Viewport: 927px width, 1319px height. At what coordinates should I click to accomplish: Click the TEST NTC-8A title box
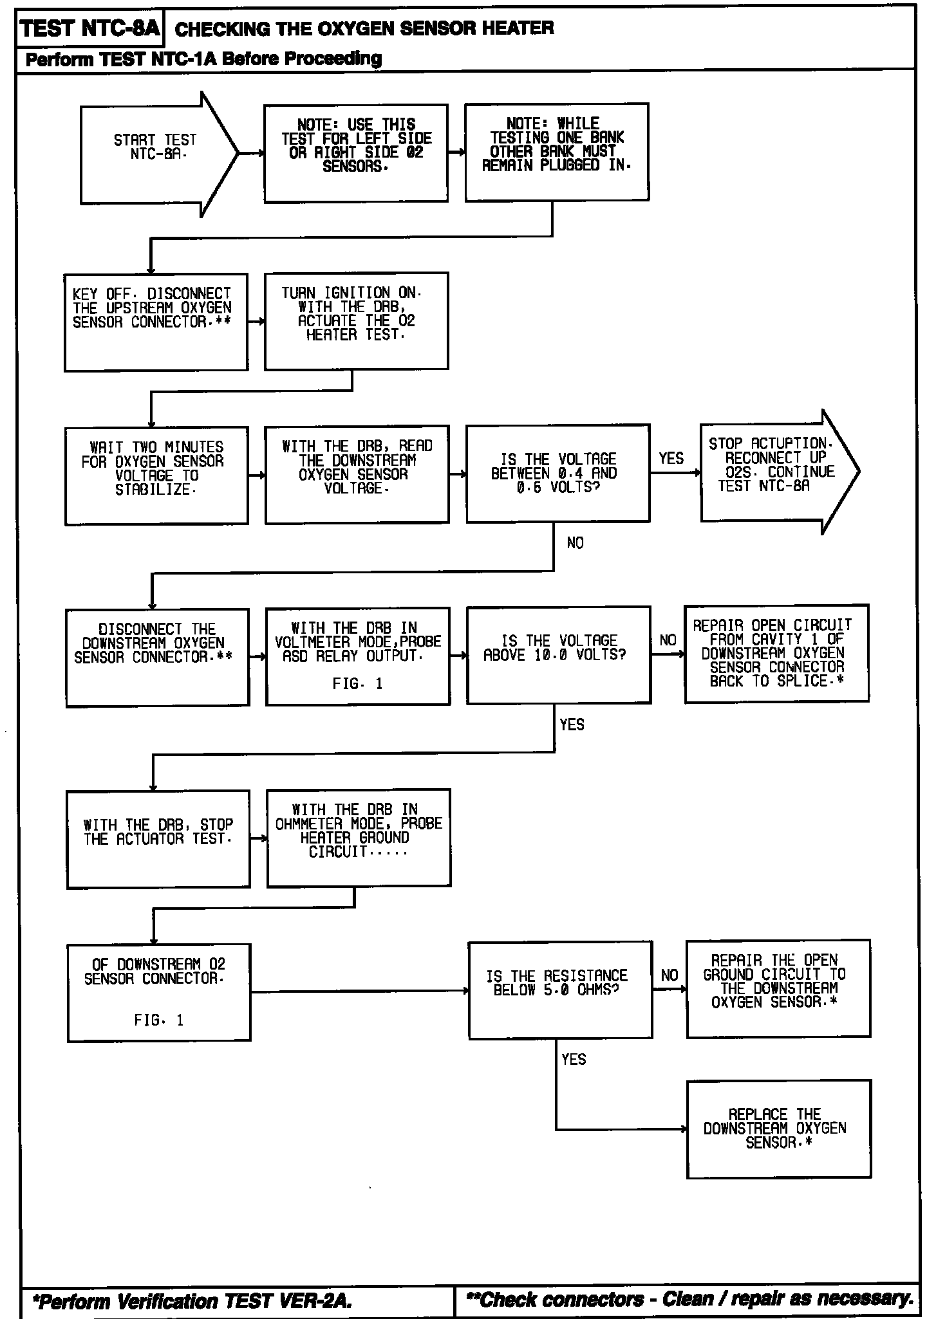click(x=89, y=29)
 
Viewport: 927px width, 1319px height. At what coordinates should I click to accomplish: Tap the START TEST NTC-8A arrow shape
click(x=154, y=154)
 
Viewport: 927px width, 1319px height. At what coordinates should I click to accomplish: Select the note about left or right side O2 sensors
click(x=356, y=153)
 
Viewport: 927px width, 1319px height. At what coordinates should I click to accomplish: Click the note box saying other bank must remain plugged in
click(x=557, y=152)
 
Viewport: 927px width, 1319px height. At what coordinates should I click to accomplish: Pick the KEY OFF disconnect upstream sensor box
click(x=156, y=321)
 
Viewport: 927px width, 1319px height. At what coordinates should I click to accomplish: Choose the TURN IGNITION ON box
click(x=356, y=320)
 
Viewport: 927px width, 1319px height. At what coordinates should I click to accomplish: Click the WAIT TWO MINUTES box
click(x=156, y=475)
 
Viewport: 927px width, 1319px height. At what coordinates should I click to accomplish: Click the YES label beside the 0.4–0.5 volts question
click(x=671, y=458)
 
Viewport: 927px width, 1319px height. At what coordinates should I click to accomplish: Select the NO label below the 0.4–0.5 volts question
click(x=575, y=543)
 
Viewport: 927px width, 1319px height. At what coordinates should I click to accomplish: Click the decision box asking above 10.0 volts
click(x=558, y=654)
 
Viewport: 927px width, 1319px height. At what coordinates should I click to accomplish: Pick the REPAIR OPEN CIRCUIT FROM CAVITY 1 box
click(x=776, y=653)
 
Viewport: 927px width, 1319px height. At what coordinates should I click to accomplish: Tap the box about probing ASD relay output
click(x=357, y=656)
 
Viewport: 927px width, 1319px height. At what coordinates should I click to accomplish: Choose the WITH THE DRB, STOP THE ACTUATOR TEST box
click(x=158, y=838)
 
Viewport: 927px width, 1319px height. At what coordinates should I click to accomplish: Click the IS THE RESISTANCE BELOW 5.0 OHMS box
click(x=559, y=990)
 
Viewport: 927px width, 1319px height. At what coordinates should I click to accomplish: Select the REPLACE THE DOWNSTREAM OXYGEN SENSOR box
click(x=778, y=1129)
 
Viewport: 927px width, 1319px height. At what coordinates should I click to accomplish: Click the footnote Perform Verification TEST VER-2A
click(x=192, y=1301)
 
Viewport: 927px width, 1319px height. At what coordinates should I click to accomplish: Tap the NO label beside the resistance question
click(x=669, y=975)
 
